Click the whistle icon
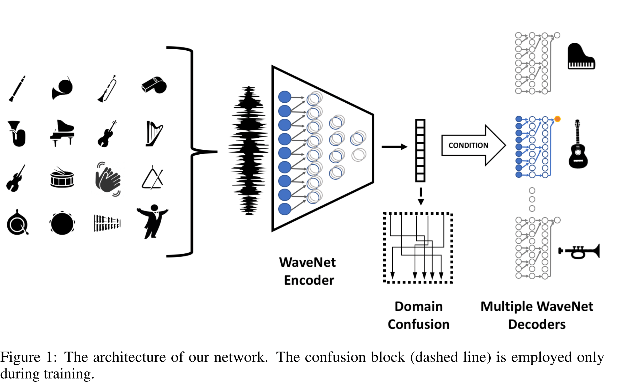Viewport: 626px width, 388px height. (x=154, y=85)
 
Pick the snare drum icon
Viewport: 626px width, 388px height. (x=62, y=178)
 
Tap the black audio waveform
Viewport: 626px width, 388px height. (x=248, y=151)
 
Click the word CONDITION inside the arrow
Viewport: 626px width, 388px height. (x=468, y=145)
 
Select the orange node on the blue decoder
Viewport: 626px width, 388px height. (x=557, y=119)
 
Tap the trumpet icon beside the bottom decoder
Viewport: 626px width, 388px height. (x=579, y=251)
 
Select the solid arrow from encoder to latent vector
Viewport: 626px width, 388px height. (x=394, y=147)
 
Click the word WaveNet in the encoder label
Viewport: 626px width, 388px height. (x=307, y=262)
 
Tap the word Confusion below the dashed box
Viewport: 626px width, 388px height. (x=418, y=324)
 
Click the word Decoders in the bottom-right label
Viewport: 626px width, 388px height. (x=537, y=324)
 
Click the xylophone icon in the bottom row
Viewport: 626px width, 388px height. (x=107, y=223)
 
